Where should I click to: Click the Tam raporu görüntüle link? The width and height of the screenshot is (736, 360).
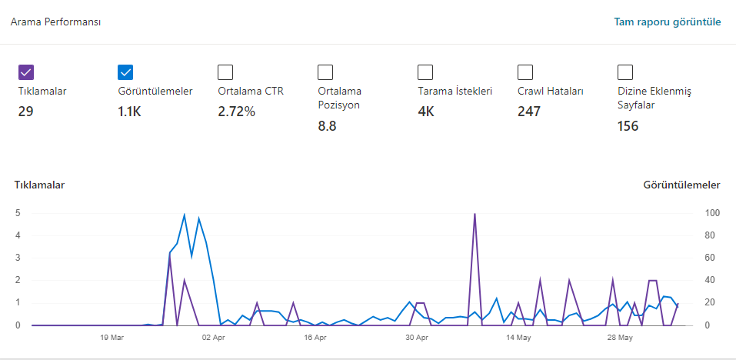668,22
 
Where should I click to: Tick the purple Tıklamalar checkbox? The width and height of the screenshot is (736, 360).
26,72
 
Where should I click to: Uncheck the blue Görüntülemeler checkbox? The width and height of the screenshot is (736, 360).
126,72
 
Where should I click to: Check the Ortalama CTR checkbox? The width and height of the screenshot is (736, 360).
225,72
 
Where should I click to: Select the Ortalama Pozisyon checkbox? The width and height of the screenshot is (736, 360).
325,72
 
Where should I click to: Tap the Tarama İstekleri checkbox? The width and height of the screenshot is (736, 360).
425,72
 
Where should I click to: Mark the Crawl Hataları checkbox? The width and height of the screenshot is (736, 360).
525,72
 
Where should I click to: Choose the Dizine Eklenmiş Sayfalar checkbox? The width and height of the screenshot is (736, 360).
625,72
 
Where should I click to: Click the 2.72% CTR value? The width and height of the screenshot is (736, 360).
237,112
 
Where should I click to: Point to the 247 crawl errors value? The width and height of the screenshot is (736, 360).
529,112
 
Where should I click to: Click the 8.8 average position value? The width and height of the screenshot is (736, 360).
327,126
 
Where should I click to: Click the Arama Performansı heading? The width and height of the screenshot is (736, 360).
55,22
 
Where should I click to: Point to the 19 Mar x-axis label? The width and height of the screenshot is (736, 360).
112,338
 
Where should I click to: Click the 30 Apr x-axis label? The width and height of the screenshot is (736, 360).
417,338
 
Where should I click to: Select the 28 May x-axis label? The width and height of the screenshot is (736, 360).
620,338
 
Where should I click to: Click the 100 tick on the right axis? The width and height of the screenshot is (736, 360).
711,213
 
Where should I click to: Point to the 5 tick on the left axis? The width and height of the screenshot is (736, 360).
18,213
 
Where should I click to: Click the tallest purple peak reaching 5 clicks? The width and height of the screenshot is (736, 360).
475,215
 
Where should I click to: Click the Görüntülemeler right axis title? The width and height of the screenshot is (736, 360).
681,185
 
